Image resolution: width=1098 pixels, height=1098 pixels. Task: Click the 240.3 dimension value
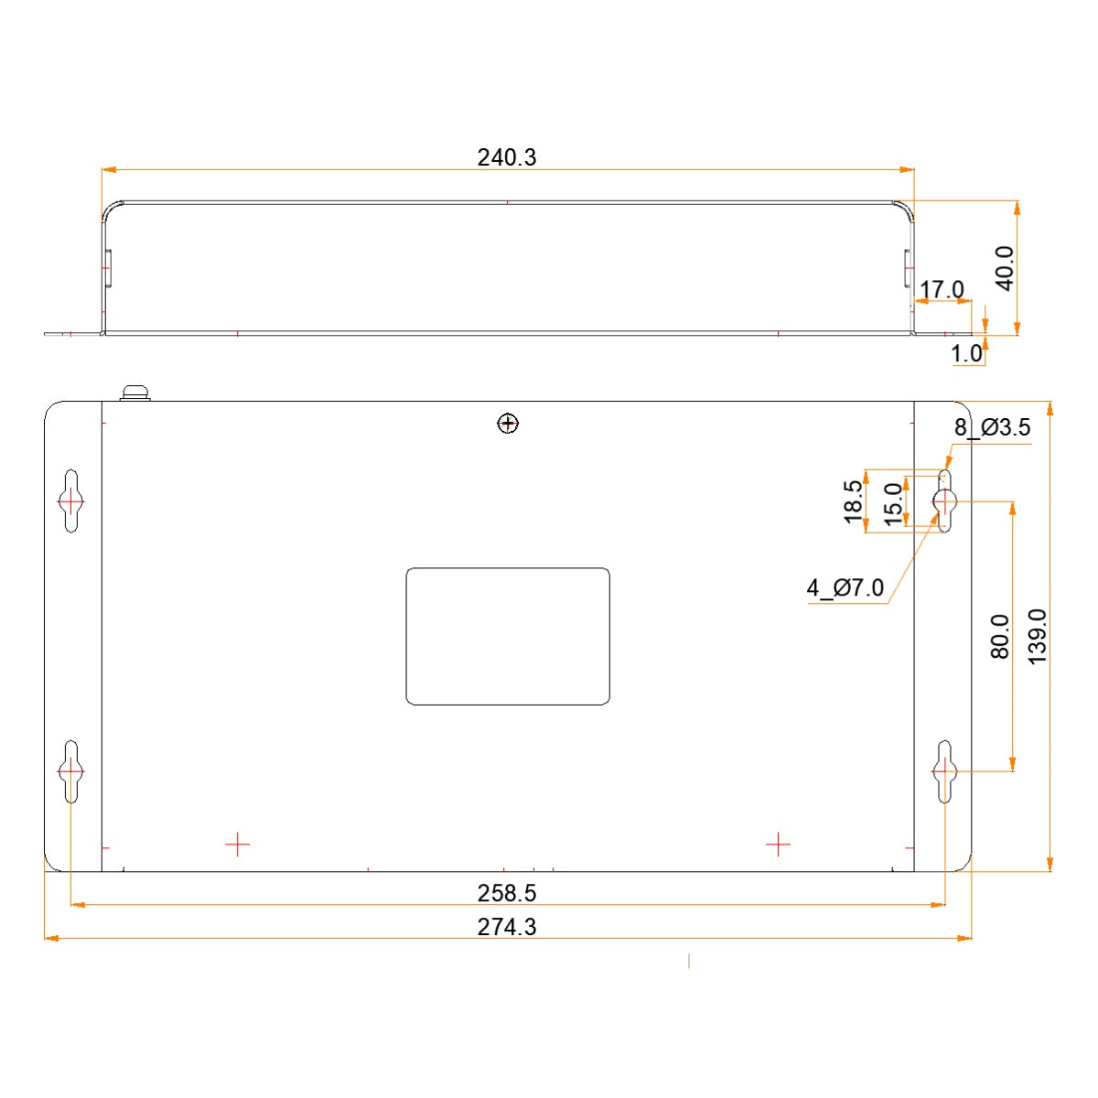507,157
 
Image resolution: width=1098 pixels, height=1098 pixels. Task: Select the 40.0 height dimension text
1005,268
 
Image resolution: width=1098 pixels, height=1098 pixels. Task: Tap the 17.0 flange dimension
942,290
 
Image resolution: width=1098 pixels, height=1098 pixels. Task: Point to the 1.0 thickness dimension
966,353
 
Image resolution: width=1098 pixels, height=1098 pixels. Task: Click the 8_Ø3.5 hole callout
992,427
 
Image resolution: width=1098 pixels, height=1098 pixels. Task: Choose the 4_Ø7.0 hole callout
845,587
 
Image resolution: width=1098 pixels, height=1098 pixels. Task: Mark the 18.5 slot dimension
854,501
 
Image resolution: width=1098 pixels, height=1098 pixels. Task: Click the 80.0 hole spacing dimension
1000,636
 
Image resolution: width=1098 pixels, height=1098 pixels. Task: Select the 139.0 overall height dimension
1038,636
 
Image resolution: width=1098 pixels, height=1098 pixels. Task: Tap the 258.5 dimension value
507,893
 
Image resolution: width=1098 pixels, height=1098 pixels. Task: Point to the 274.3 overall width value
507,927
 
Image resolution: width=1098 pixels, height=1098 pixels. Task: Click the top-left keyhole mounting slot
71,501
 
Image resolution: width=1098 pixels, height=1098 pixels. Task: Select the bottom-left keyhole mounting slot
71,770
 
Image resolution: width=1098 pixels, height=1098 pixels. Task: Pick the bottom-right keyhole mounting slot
944,770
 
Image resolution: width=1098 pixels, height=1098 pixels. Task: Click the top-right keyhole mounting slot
944,501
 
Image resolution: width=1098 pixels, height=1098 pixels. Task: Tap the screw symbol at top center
508,423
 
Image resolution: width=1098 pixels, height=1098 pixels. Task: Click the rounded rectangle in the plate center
508,637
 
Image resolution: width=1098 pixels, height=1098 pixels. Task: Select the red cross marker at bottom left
237,844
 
